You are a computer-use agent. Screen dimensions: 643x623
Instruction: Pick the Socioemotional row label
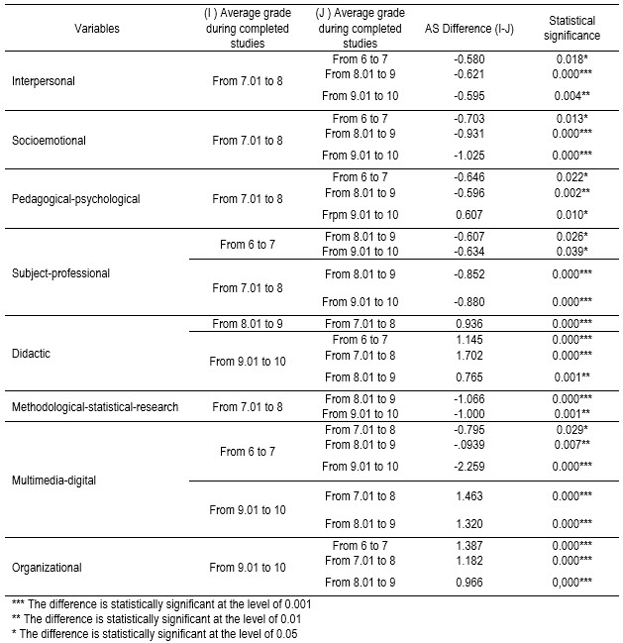coord(47,140)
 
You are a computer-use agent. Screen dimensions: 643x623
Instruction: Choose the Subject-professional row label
coord(61,272)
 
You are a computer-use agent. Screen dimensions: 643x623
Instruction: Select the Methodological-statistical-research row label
coord(95,406)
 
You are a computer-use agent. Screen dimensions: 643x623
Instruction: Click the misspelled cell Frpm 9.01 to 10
coord(364,213)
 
